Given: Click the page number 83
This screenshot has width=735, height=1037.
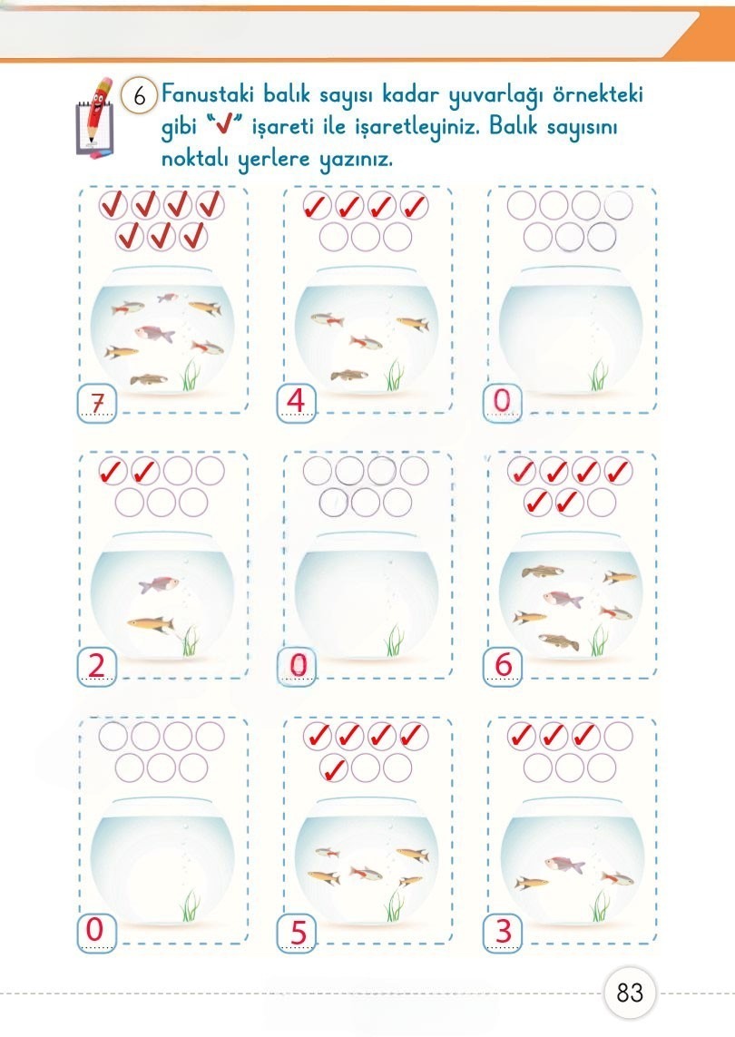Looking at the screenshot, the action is [630, 992].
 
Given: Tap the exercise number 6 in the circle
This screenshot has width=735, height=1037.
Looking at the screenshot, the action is [139, 96].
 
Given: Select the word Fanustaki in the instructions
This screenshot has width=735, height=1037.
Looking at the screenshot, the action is [208, 94].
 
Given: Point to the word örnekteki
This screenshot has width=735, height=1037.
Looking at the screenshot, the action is [597, 94].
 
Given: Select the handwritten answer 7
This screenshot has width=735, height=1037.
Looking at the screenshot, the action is [97, 402].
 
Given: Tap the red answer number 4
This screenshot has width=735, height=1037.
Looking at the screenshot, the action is [296, 401].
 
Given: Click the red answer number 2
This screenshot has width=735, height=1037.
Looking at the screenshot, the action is [96, 665].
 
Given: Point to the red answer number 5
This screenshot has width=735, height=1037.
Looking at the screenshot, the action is [299, 933].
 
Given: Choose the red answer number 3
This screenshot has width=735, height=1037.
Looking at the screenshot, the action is [504, 931].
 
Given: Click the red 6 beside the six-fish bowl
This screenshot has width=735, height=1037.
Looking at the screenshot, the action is [504, 665].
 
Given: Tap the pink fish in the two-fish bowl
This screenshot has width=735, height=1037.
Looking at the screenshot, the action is [159, 584].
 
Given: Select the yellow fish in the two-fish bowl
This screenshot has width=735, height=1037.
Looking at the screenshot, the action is [151, 623].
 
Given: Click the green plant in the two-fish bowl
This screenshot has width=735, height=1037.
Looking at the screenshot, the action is [191, 641].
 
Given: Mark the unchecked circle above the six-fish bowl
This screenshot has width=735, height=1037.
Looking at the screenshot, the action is [602, 503].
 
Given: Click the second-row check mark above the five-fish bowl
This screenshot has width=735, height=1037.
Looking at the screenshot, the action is [333, 768].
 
